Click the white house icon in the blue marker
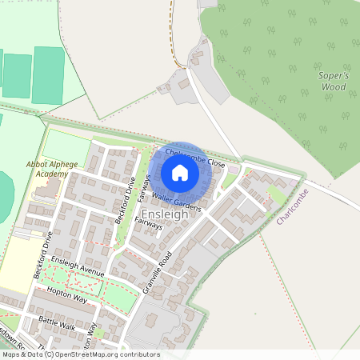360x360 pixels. coord(180,173)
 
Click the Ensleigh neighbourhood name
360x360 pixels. coord(165,215)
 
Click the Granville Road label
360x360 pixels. coord(158,270)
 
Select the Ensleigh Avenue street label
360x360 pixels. coord(78,266)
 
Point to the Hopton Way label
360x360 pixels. coord(66,294)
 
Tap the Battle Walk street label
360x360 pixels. coord(56,323)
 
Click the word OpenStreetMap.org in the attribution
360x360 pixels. coord(87,354)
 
